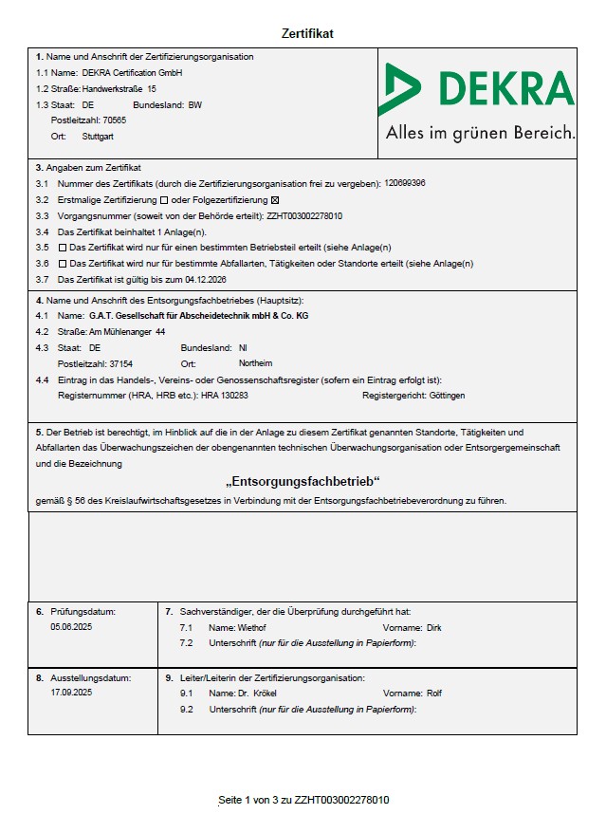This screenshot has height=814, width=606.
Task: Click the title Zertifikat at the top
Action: (x=307, y=34)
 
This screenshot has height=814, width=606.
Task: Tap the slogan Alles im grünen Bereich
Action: (x=480, y=134)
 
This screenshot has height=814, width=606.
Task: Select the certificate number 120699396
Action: (x=405, y=183)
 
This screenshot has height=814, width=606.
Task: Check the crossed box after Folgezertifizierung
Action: (x=276, y=200)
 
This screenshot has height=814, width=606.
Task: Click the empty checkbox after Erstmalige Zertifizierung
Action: (x=164, y=200)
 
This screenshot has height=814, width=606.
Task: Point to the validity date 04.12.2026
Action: (x=205, y=280)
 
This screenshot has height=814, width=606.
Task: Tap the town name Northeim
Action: (x=255, y=363)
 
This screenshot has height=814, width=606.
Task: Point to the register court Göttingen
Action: (x=447, y=395)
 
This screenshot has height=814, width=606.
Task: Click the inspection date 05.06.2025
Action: (x=71, y=627)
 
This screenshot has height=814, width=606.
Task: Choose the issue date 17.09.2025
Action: (x=71, y=694)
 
